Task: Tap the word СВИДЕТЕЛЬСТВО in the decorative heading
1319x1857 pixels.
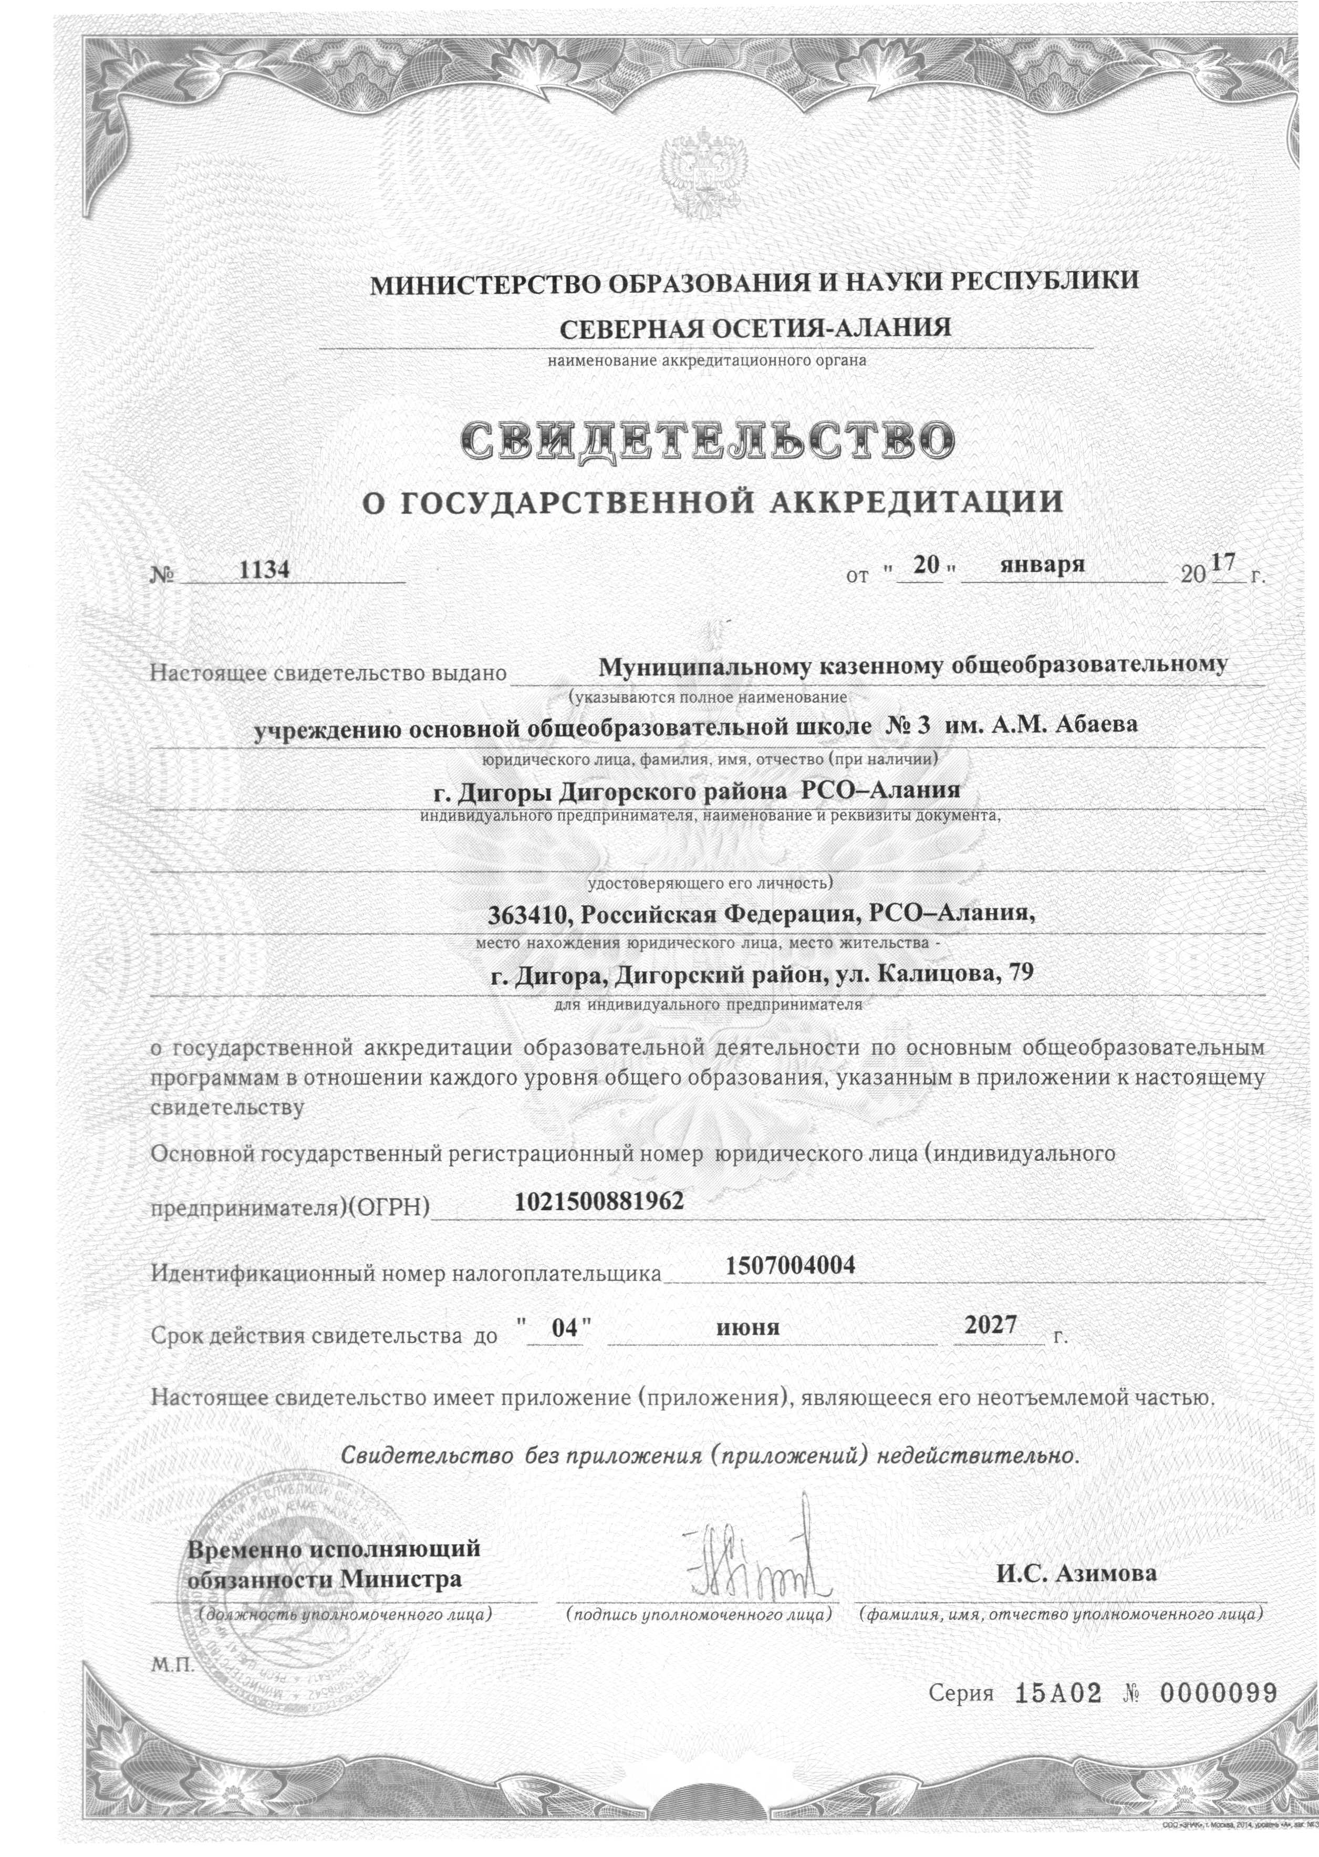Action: (x=707, y=439)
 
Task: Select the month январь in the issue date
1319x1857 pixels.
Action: (x=1043, y=564)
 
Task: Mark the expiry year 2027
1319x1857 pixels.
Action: (x=990, y=1325)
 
